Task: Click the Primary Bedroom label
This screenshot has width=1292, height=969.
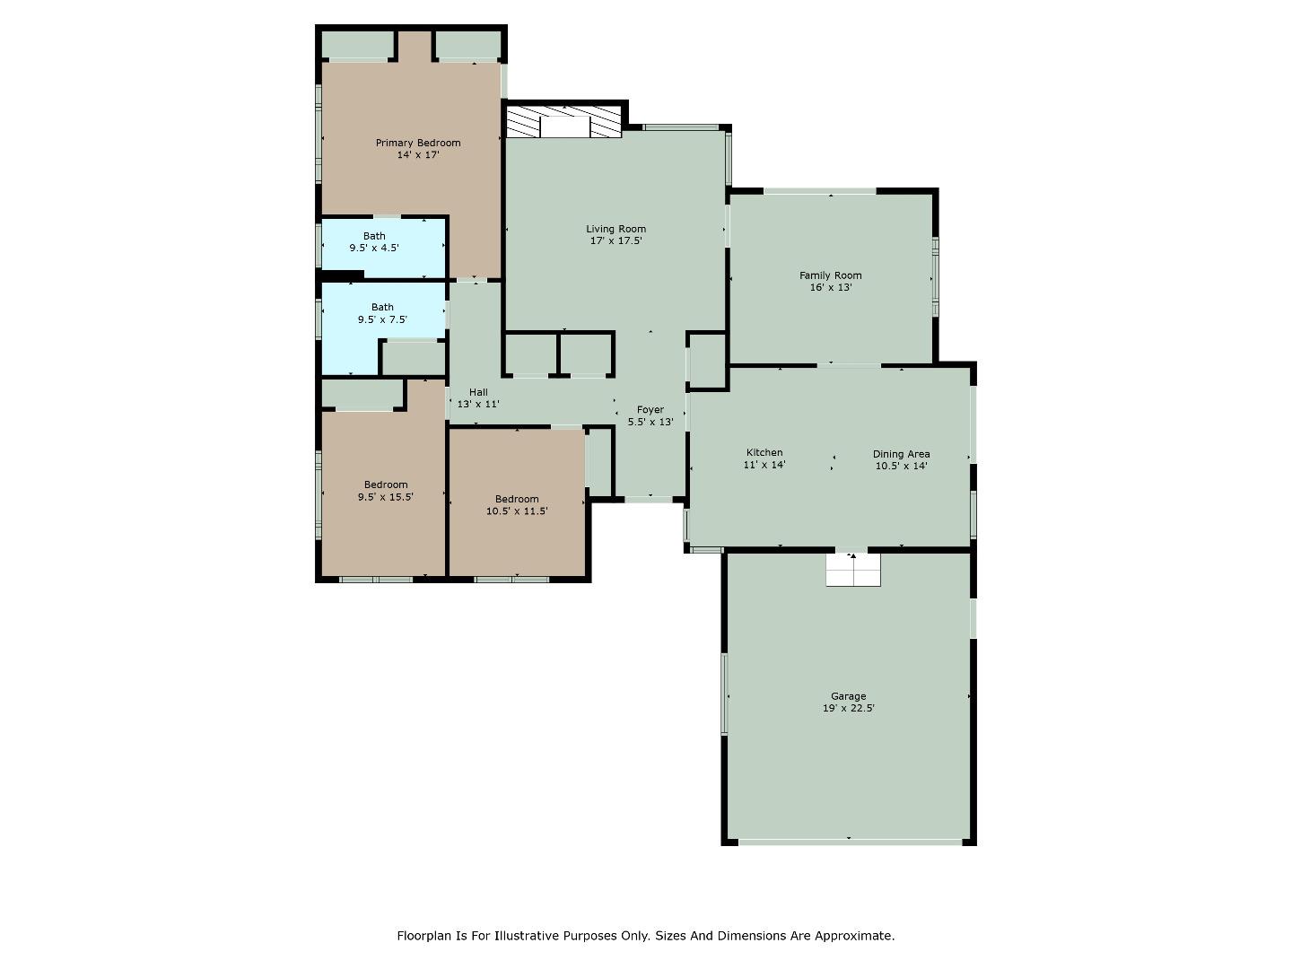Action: coord(417,143)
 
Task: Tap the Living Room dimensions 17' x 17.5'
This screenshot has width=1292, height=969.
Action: coord(615,240)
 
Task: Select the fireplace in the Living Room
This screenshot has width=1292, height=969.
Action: coord(563,125)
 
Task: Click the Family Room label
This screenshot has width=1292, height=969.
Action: coord(830,275)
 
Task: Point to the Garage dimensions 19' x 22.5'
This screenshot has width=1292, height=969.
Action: coord(848,708)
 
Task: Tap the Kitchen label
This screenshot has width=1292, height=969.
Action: coord(764,452)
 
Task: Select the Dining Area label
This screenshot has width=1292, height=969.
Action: coord(901,454)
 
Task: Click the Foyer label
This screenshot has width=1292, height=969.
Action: coord(650,409)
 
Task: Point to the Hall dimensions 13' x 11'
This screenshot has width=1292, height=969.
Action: coord(477,404)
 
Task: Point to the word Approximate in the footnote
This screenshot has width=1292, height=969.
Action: coord(852,936)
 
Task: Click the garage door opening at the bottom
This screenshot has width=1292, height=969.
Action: coord(849,842)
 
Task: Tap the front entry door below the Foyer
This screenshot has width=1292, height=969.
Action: coord(650,498)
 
